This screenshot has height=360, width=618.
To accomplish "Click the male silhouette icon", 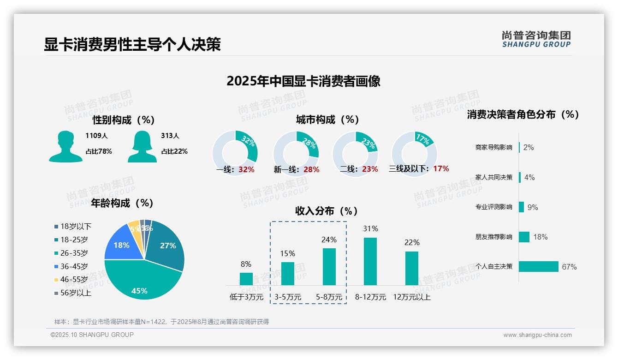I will point(65,146).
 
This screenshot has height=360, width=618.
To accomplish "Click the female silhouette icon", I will point(142,146).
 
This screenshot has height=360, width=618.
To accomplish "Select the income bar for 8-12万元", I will point(370,261).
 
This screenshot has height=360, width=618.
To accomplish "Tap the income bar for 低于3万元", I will point(246,279).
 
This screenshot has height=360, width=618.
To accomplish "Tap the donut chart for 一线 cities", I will point(235,153).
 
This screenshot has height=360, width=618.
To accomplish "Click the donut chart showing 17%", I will point(414,153).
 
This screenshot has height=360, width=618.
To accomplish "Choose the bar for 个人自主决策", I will point(538,266).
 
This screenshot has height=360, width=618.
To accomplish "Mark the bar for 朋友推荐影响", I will point(524,237).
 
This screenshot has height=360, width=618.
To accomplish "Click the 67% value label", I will point(569,267).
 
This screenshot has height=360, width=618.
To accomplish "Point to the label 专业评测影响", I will point(493,207).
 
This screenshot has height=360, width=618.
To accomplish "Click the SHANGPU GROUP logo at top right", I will point(536,39).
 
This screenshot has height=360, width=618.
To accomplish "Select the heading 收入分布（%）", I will point(327,211).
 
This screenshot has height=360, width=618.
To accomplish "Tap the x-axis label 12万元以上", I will point(412,297).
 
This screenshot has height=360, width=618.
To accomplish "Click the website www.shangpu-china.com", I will point(537,335).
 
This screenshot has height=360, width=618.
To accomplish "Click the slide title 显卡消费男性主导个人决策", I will point(132,44).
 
